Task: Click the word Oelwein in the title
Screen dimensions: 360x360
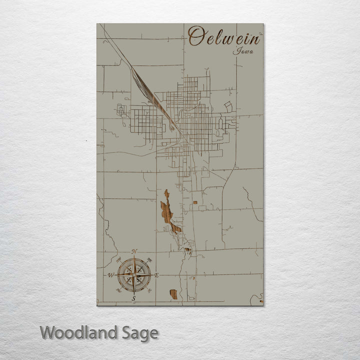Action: coord(224,36)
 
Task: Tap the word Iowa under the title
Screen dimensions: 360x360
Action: coord(243,50)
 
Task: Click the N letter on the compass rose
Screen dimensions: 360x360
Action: coord(134,251)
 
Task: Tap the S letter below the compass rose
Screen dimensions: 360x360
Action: coord(133,299)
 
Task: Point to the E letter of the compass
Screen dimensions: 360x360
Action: coord(156,275)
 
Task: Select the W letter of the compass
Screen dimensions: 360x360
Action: coord(110,275)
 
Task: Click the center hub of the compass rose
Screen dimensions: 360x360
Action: coord(133,275)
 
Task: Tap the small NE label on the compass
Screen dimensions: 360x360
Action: coord(148,259)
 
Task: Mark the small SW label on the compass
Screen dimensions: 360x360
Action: coord(118,290)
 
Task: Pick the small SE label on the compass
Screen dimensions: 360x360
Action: coord(148,290)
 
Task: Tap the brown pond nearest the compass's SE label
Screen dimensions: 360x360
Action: coord(173,294)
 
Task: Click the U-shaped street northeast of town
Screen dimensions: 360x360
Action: coord(228,106)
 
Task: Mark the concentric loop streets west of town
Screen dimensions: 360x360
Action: coord(121,110)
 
